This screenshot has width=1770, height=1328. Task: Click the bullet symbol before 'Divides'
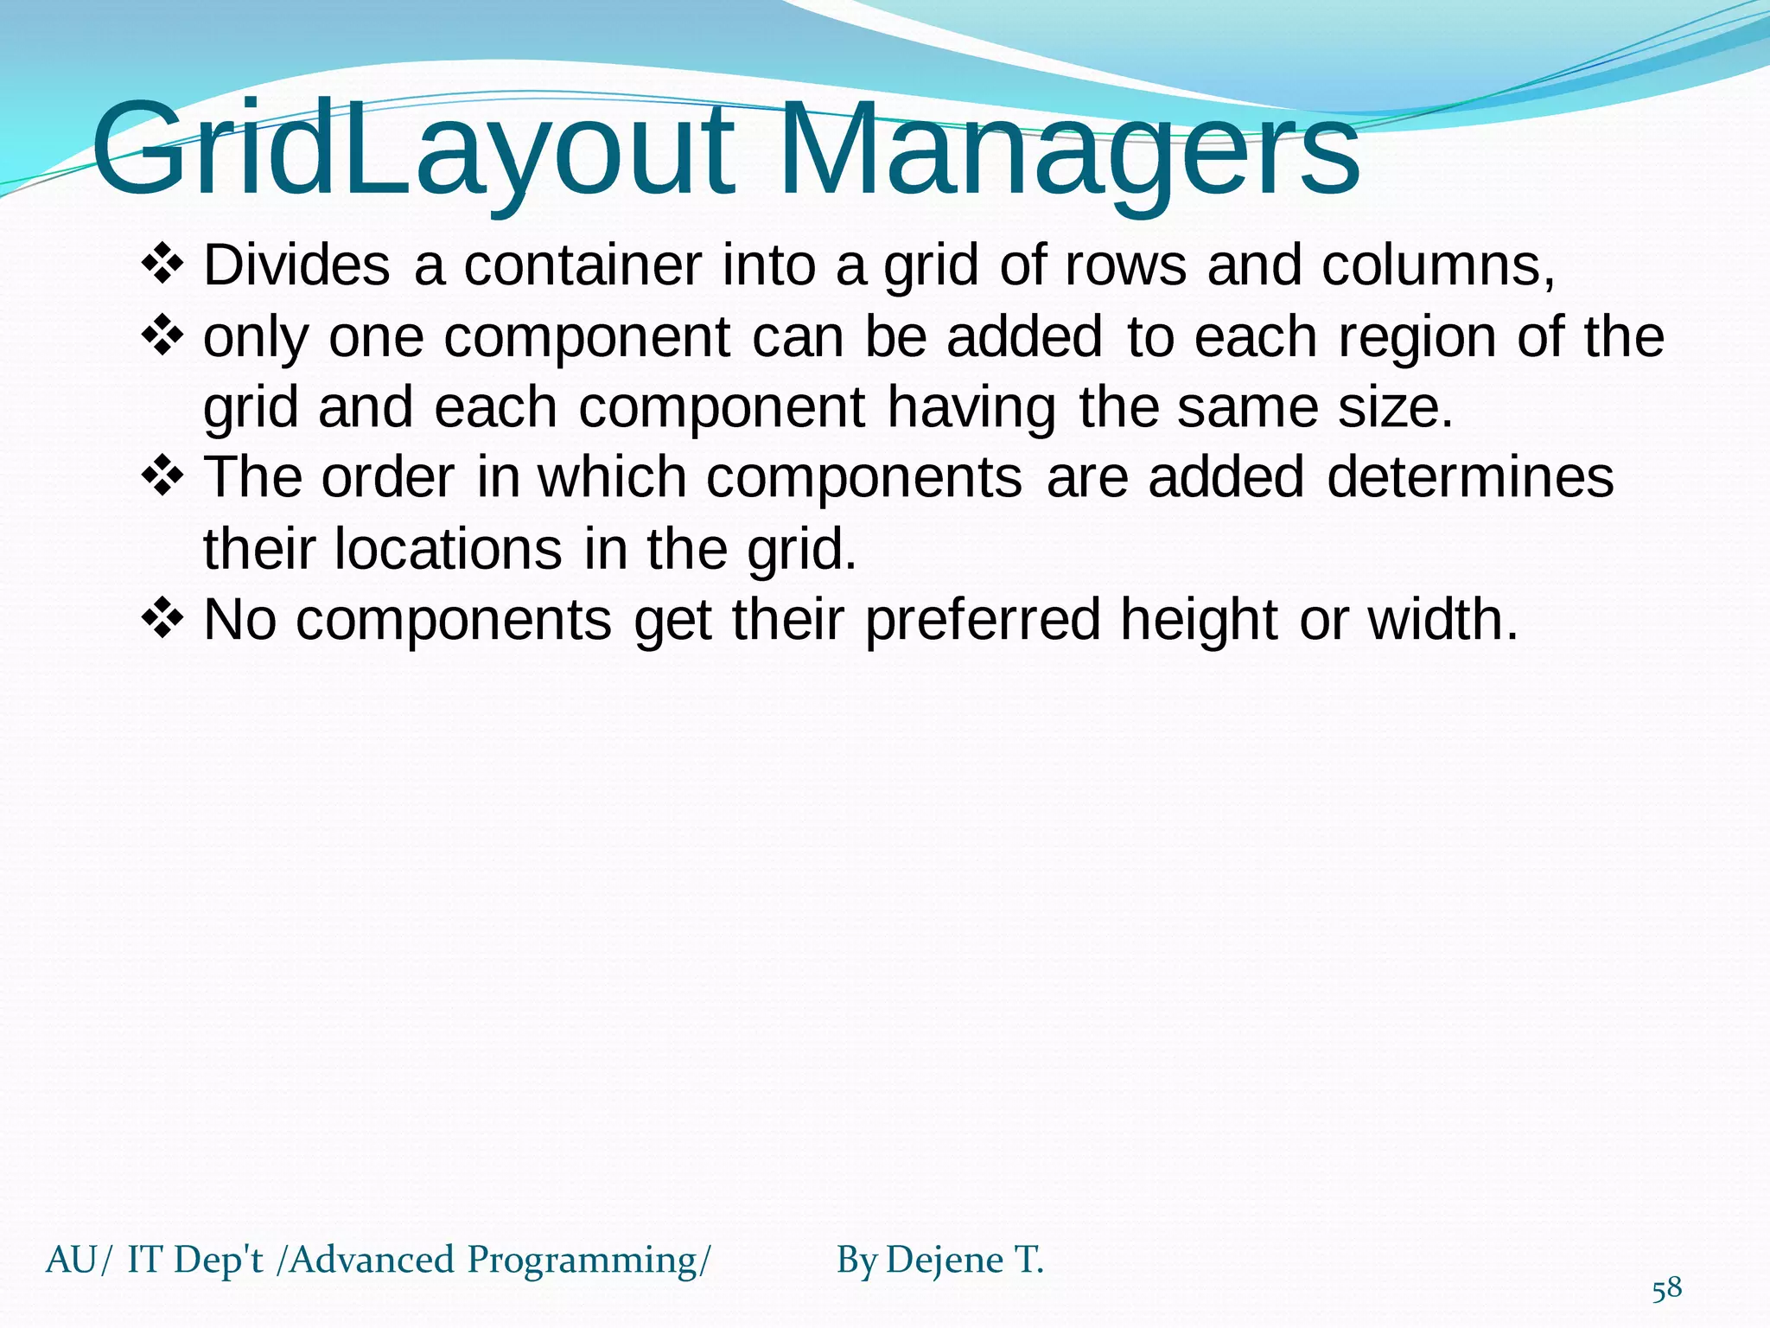click(x=162, y=265)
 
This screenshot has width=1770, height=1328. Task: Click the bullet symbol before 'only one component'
click(x=162, y=336)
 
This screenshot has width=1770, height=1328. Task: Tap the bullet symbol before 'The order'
click(x=162, y=477)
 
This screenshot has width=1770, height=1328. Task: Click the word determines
click(x=1469, y=477)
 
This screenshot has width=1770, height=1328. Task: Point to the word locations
click(x=448, y=549)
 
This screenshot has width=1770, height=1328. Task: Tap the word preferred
click(x=983, y=620)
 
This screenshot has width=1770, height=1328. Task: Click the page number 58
click(x=1667, y=1289)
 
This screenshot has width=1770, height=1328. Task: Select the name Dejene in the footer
click(x=945, y=1261)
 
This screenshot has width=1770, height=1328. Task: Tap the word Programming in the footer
click(x=581, y=1261)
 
